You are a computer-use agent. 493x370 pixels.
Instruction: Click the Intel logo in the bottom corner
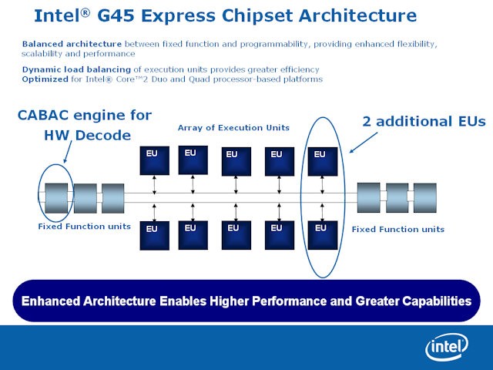(x=450, y=348)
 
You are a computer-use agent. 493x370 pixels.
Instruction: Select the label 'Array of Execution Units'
(x=233, y=127)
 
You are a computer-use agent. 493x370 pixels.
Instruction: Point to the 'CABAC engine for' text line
(x=85, y=116)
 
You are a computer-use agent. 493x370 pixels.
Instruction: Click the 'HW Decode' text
(x=85, y=136)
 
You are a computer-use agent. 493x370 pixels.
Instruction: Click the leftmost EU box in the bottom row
(x=153, y=234)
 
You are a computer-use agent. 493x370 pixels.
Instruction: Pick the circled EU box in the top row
(x=321, y=160)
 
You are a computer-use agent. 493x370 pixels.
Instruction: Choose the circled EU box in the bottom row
(x=321, y=234)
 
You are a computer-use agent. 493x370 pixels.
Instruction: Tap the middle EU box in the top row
(x=236, y=160)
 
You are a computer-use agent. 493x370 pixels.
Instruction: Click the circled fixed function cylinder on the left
(x=57, y=198)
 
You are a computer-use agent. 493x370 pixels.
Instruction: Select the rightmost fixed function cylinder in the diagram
(x=424, y=197)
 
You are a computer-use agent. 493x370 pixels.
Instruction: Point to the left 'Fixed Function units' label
(x=84, y=227)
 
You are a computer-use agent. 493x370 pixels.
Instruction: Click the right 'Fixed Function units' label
(x=397, y=229)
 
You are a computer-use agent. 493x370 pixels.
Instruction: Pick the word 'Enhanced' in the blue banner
(x=59, y=301)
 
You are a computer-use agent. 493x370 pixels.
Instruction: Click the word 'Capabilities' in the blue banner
(x=432, y=301)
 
